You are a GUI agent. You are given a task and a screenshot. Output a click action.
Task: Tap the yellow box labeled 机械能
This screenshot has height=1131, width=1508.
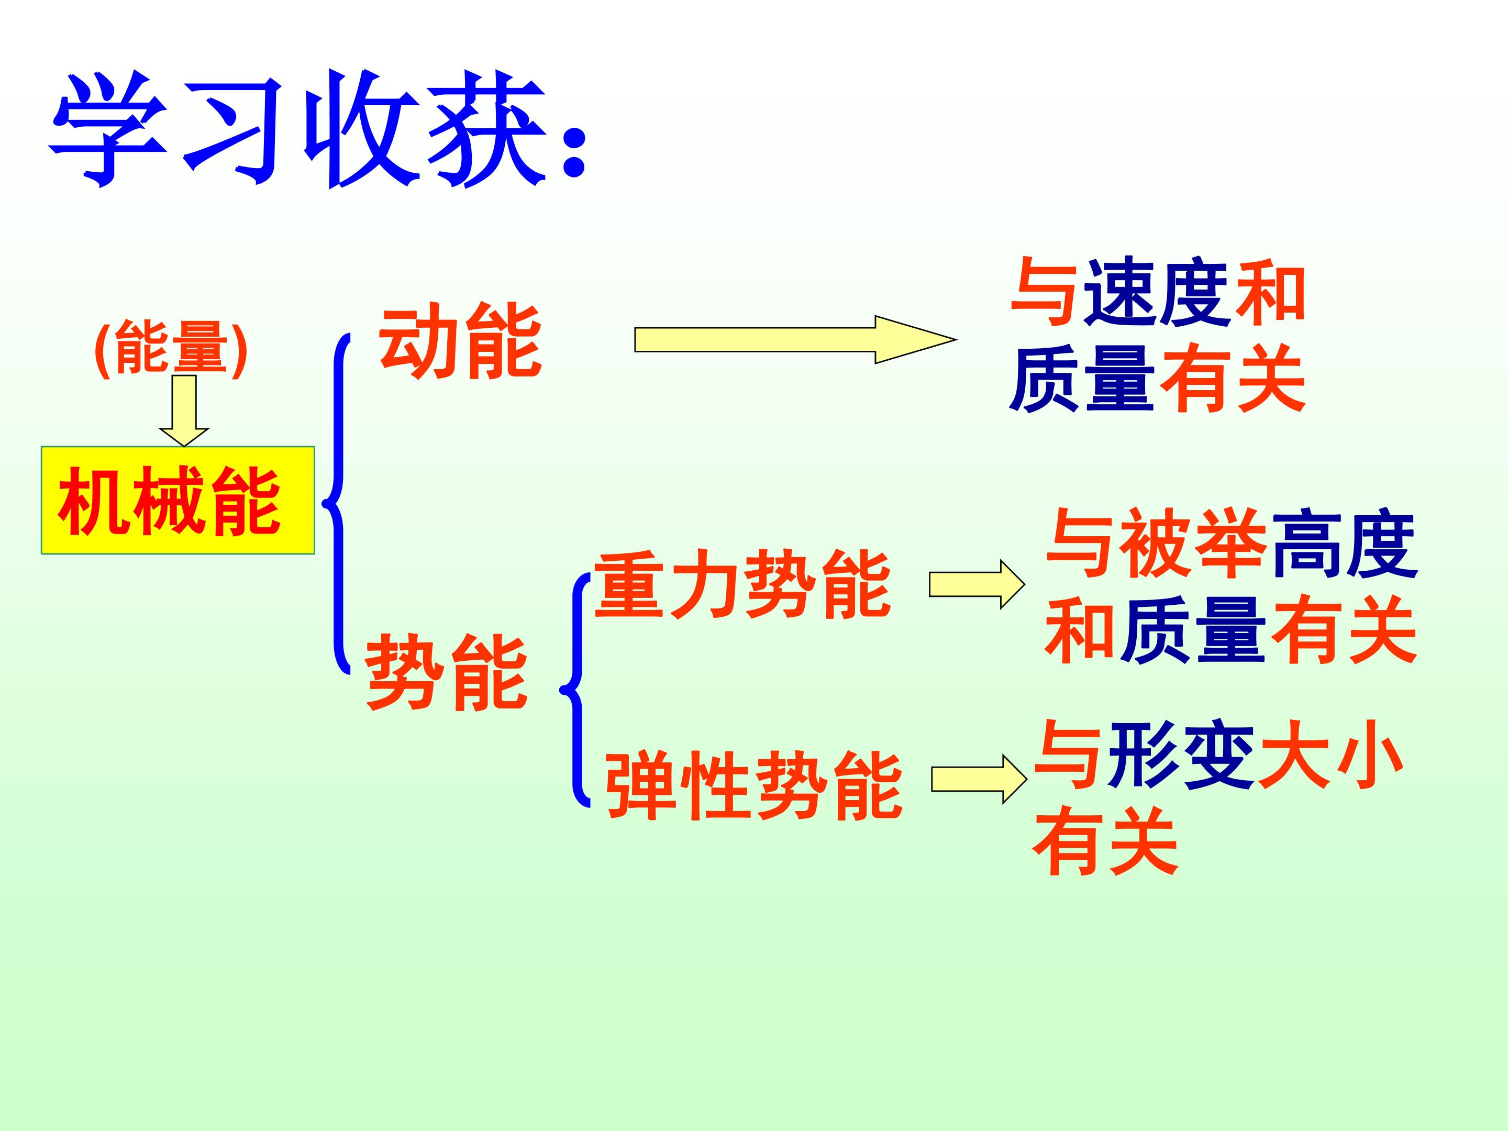178,500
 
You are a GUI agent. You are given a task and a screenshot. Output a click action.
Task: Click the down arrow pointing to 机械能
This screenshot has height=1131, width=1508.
184,411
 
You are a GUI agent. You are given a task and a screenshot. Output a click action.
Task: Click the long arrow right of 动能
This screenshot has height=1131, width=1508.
795,339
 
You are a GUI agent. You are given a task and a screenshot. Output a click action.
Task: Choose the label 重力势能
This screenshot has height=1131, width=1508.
743,584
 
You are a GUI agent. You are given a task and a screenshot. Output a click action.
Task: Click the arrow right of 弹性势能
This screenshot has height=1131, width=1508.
980,779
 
